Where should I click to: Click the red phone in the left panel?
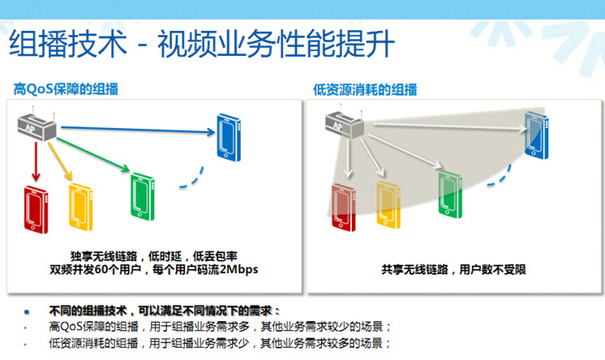click(36, 209)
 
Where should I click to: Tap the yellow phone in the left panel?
click(80, 208)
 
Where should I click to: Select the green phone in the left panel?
click(143, 196)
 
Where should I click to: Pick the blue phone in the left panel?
click(229, 137)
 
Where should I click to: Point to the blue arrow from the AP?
click(138, 130)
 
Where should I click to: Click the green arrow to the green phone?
click(93, 155)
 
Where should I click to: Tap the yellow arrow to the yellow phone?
click(60, 161)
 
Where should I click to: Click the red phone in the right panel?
click(343, 208)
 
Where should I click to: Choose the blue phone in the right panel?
click(536, 135)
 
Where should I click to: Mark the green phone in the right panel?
click(450, 194)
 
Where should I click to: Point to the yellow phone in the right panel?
click(388, 205)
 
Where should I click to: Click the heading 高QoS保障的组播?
click(66, 89)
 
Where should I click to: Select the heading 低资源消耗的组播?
click(365, 90)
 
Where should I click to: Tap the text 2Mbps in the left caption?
click(238, 269)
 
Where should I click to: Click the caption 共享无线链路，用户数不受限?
click(454, 269)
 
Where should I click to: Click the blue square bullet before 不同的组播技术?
click(27, 311)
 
